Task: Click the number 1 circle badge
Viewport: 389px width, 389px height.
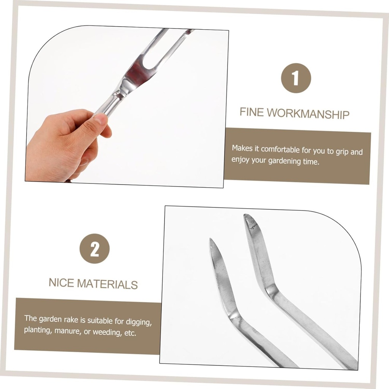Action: [296, 78]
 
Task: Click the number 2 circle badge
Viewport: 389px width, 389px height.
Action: [95, 249]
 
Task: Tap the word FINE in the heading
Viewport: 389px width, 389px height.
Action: [251, 112]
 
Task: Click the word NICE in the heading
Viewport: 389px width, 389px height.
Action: [62, 283]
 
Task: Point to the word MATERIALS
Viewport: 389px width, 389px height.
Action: [108, 284]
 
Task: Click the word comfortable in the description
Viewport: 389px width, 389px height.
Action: [280, 150]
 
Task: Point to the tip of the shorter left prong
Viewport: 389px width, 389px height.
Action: [211, 240]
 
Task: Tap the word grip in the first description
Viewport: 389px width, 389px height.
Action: [341, 151]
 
